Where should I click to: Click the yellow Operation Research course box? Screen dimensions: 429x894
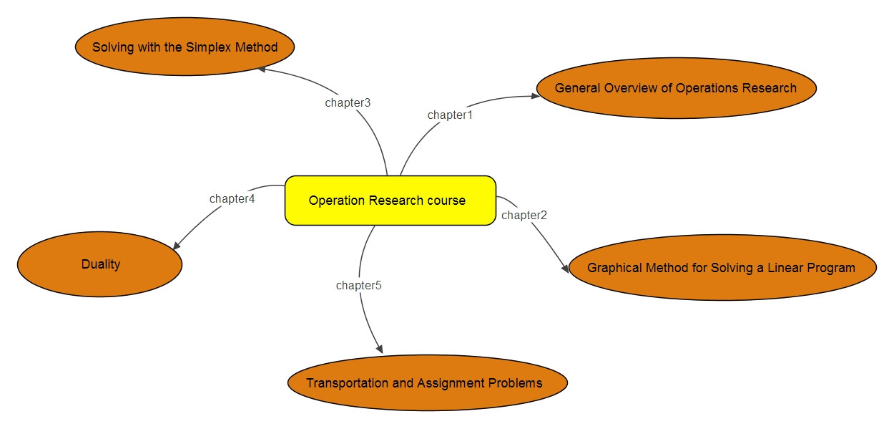pyautogui.click(x=390, y=201)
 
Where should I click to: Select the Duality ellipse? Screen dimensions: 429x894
pyautogui.click(x=100, y=264)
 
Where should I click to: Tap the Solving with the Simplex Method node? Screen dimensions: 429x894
pyautogui.click(x=185, y=47)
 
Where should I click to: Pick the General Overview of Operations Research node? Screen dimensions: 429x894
pyautogui.click(x=675, y=88)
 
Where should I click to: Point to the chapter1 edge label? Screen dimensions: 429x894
pyautogui.click(x=450, y=115)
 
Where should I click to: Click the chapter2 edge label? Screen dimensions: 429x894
pyautogui.click(x=524, y=215)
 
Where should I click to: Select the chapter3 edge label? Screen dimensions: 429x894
pyautogui.click(x=348, y=102)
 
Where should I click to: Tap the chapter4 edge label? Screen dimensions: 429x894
pyautogui.click(x=232, y=198)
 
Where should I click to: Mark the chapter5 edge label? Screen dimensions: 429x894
pyautogui.click(x=358, y=286)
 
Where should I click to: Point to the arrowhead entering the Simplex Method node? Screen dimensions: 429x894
pyautogui.click(x=261, y=69)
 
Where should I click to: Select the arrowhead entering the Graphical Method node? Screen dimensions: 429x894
pyautogui.click(x=565, y=269)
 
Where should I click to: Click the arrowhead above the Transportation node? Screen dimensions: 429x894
pyautogui.click(x=379, y=348)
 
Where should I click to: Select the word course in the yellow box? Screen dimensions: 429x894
pyautogui.click(x=446, y=201)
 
